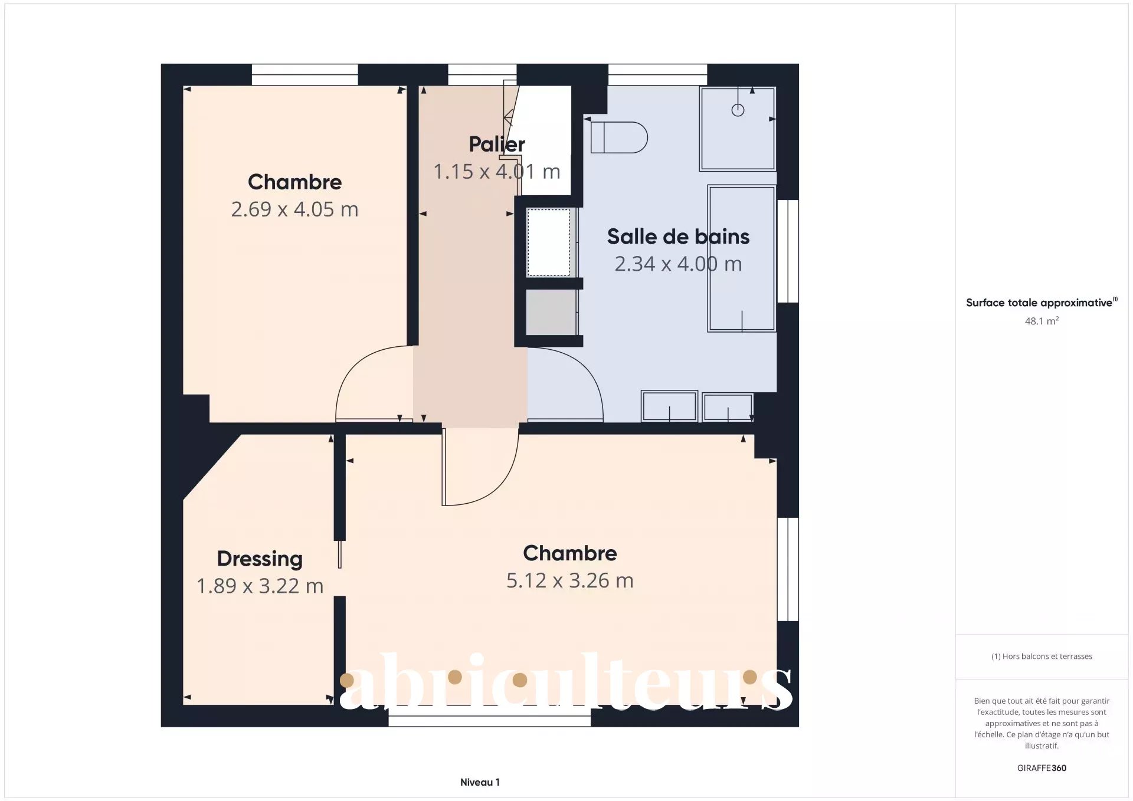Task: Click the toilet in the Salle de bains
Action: (x=619, y=137)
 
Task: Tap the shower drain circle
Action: (x=738, y=110)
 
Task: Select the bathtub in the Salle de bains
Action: (x=742, y=258)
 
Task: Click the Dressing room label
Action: (x=260, y=559)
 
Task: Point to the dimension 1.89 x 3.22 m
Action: (x=260, y=586)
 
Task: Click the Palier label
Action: (x=497, y=144)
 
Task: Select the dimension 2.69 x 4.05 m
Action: (x=294, y=209)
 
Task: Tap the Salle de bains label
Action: (x=678, y=237)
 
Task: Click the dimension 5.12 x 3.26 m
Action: (x=570, y=580)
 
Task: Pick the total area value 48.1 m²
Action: (x=1042, y=321)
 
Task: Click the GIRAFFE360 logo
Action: (x=1042, y=768)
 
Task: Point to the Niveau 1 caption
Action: (x=480, y=782)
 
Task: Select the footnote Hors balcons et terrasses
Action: (x=1042, y=656)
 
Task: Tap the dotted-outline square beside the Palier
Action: (x=548, y=242)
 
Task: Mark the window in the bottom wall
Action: (x=489, y=718)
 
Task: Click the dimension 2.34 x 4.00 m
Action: (x=678, y=264)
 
